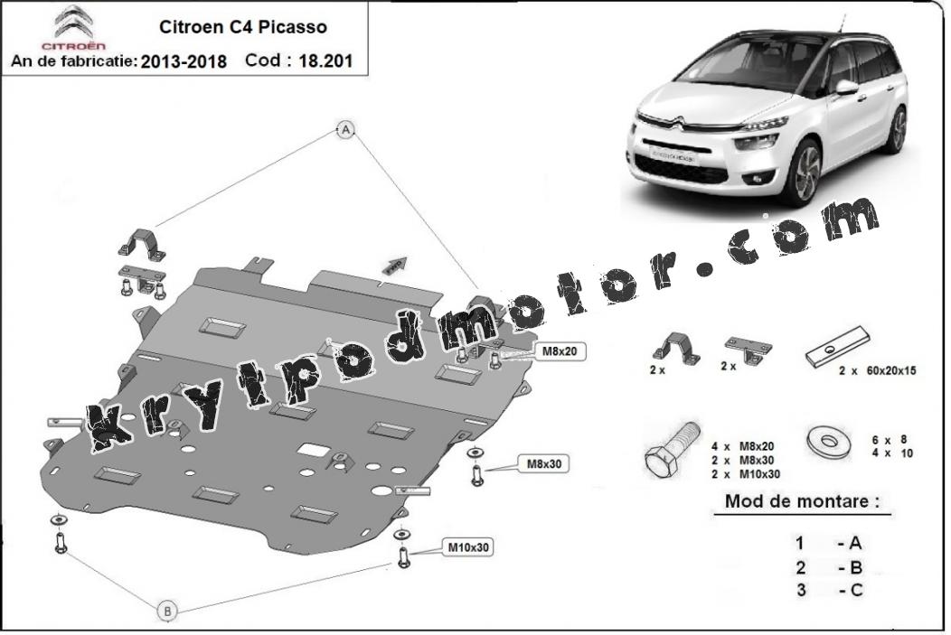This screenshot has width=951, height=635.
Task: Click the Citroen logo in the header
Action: click(x=73, y=27)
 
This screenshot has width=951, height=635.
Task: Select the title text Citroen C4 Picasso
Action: click(x=242, y=27)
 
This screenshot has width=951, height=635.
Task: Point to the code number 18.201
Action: click(x=325, y=61)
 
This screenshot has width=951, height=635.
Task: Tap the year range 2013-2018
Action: click(x=184, y=61)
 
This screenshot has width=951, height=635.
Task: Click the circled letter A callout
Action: click(x=345, y=129)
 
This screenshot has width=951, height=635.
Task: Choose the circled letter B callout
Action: click(x=167, y=611)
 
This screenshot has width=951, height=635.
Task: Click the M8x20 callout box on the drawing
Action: click(x=560, y=350)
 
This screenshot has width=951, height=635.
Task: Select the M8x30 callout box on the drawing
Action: click(x=544, y=464)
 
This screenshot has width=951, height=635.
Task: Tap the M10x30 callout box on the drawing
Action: click(x=467, y=547)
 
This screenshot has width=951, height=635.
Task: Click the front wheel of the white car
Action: click(x=807, y=172)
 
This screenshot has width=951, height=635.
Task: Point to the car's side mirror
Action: click(x=846, y=87)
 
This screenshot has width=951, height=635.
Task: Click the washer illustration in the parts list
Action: click(x=828, y=441)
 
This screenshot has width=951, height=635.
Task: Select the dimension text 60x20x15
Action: click(x=891, y=370)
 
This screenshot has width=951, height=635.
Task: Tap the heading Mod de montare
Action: click(x=802, y=501)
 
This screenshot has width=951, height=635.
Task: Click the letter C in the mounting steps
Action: click(x=855, y=590)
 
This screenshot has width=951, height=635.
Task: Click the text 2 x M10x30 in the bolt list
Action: click(x=746, y=474)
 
